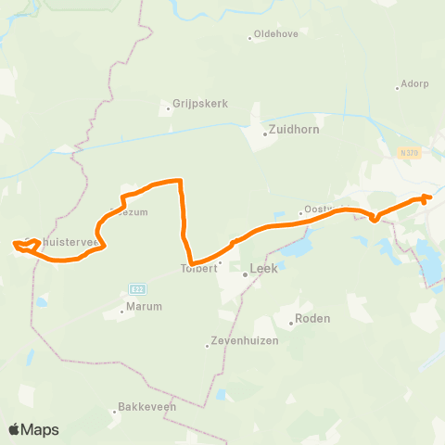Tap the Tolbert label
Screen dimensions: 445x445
tap(197, 269)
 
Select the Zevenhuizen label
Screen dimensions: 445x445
tap(238, 346)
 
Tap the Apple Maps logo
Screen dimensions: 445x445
tap(32, 429)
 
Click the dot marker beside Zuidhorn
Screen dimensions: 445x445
tap(265, 133)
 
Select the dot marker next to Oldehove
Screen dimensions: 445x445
tap(250, 38)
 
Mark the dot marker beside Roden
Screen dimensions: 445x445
tap(291, 324)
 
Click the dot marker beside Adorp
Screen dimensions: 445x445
tap(397, 89)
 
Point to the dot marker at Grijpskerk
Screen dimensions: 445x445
tap(169, 108)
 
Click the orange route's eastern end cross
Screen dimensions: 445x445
tap(425, 197)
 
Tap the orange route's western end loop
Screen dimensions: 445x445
tap(20, 245)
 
